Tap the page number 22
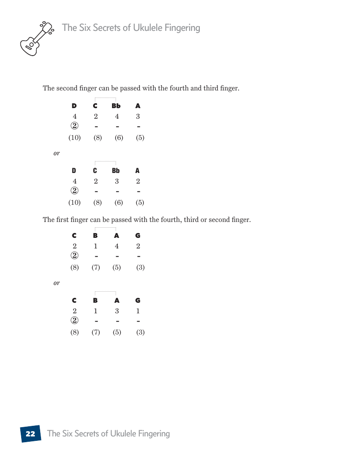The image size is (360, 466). coord(30,434)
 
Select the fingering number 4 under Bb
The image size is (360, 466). coord(117,116)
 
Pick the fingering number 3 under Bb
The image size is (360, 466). coord(117,181)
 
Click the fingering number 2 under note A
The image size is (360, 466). coord(138,181)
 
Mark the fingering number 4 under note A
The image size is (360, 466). coord(117,246)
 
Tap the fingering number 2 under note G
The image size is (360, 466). coord(138,246)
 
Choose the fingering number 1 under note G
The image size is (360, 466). coord(138,311)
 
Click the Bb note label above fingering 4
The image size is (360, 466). coord(116,106)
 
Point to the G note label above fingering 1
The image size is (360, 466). coord(138,301)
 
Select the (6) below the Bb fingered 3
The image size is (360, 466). coord(119,203)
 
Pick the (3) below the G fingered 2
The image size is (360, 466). coord(140,267)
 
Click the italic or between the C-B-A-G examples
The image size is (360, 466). coord(56,283)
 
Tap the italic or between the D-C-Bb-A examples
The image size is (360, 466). coord(56,153)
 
